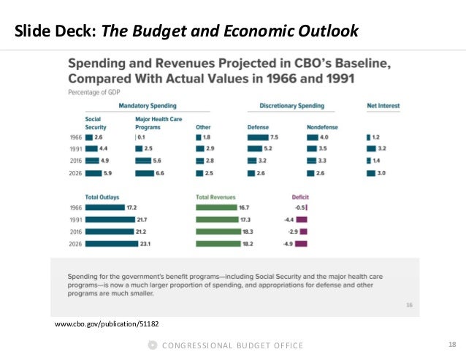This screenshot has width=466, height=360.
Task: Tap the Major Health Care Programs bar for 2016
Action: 143,161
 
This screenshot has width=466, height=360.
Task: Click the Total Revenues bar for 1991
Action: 212,219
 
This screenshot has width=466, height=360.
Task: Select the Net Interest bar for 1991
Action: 370,148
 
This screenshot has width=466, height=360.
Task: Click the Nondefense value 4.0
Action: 325,136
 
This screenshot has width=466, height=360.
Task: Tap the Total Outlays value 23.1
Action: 145,244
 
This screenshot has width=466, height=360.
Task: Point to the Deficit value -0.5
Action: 309,207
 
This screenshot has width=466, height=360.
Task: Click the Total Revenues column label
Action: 217,196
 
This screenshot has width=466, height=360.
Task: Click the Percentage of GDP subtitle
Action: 95,93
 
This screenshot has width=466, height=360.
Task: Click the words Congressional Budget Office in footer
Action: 232,345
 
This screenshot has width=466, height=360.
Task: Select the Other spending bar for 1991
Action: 200,148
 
